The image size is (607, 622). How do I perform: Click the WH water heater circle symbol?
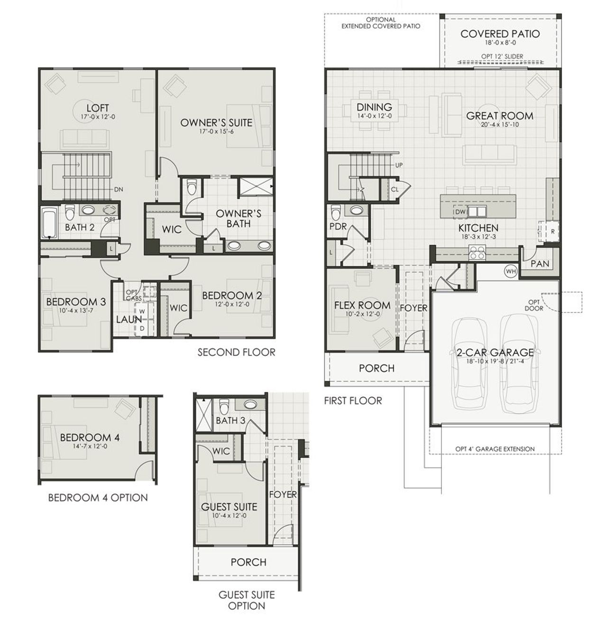tap(510, 271)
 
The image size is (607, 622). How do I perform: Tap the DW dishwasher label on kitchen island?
tap(460, 212)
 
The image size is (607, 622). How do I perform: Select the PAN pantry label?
tap(540, 263)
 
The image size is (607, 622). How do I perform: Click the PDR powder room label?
tap(338, 227)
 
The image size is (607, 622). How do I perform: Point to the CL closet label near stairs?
tap(394, 189)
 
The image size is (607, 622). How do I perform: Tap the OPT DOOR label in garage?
tap(533, 305)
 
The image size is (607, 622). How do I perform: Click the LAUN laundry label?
tap(129, 320)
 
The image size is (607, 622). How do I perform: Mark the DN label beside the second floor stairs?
tap(119, 189)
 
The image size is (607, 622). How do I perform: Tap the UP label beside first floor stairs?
tap(399, 165)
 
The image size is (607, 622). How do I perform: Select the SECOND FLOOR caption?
tap(236, 352)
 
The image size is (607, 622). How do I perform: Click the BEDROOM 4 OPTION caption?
tap(98, 498)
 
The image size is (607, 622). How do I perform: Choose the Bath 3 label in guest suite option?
tap(230, 420)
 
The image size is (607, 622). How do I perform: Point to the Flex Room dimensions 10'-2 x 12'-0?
tap(362, 314)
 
